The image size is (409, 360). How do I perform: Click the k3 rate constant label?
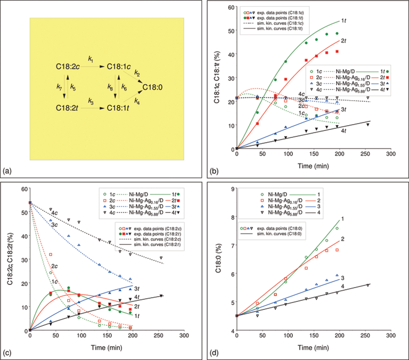(91, 101)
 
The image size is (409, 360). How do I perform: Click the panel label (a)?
(8, 171)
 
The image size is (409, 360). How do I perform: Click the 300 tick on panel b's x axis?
(390, 154)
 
